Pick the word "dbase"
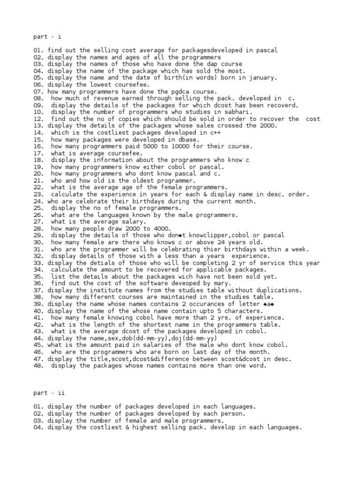click(187, 140)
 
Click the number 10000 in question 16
click(180, 146)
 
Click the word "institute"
click(105, 290)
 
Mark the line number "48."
click(38, 366)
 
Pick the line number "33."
click(38, 263)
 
